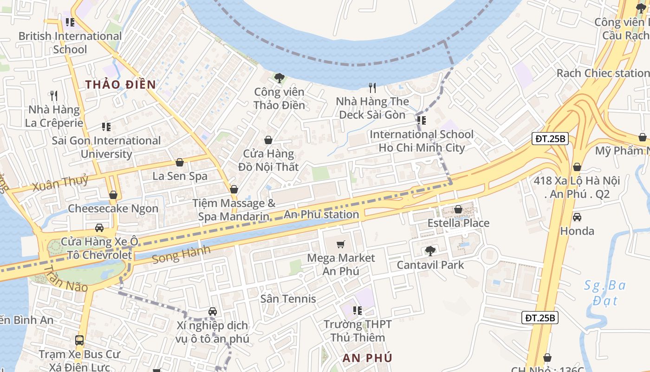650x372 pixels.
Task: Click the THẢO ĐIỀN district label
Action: [x=120, y=84]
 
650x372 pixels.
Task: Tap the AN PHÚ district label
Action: [x=367, y=358]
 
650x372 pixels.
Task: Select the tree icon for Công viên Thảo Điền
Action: [x=279, y=78]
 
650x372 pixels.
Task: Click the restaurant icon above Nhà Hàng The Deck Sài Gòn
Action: [x=372, y=87]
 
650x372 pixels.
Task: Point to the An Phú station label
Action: [x=321, y=214]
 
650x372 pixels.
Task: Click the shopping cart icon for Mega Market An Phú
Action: [x=341, y=244]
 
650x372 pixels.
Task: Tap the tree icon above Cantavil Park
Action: [x=430, y=251]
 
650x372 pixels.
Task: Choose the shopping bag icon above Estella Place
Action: [x=458, y=209]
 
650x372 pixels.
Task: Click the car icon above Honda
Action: [x=577, y=217]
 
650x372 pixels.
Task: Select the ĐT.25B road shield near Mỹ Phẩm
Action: [x=550, y=139]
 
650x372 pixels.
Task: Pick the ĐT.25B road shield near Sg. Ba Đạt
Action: [x=540, y=318]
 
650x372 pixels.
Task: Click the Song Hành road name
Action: [x=181, y=254]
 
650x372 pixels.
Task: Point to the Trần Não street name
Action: [x=66, y=279]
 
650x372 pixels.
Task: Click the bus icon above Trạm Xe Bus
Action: [x=79, y=340]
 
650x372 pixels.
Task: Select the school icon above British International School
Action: [x=70, y=22]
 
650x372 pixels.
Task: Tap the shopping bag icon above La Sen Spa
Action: [x=180, y=162]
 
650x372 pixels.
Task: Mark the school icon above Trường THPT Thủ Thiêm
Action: [x=357, y=310]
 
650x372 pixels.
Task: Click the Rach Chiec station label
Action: [x=602, y=73]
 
